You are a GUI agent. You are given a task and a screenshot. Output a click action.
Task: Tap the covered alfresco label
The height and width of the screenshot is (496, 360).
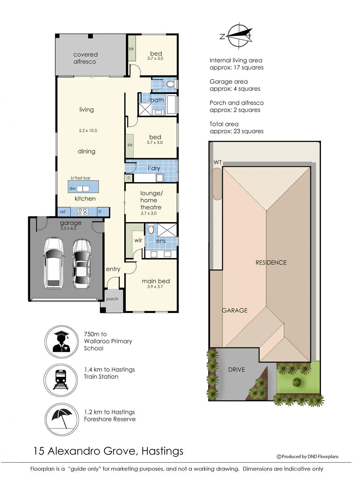point(85,58)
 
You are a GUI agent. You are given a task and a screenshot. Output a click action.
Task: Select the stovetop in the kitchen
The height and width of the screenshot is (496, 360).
point(82,212)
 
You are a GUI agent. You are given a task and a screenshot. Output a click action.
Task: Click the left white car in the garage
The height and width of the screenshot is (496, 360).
point(54,263)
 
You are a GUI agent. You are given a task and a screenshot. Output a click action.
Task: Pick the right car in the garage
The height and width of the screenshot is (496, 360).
point(82,263)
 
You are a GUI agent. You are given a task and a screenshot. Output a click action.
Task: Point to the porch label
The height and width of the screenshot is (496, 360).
point(112,299)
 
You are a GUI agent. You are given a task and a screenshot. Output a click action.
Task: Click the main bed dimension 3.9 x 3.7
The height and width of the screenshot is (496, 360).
point(155,287)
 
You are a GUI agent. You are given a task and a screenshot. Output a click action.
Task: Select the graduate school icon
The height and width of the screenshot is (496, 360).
point(61,341)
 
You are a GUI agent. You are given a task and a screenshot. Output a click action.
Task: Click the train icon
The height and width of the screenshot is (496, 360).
point(61,380)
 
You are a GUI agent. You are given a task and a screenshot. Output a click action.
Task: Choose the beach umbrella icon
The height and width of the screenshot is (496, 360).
point(62,419)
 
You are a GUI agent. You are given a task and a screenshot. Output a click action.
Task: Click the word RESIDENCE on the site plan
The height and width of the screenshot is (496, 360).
point(271,263)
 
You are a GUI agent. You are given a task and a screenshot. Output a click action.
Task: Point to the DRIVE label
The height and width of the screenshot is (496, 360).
point(236,370)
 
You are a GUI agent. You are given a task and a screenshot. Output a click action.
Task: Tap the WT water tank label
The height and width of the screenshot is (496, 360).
point(217,162)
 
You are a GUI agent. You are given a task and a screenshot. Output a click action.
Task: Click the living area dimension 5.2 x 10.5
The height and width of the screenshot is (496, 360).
point(88,131)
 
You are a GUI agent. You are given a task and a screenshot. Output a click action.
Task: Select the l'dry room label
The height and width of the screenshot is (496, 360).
point(154,168)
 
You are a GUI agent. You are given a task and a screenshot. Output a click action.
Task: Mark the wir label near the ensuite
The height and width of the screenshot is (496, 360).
point(138,240)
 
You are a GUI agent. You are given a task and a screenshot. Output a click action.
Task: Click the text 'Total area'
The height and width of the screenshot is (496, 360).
point(224,124)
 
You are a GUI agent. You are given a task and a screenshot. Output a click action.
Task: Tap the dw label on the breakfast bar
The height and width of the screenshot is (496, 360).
point(73,188)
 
